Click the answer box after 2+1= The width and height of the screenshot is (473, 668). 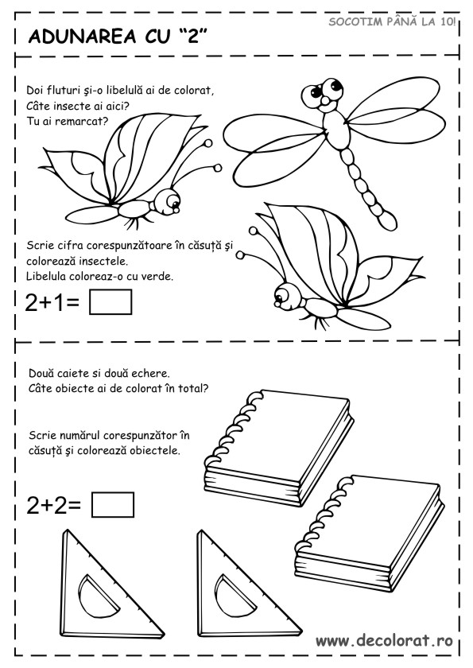point(110,302)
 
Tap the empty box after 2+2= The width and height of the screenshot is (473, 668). point(113,505)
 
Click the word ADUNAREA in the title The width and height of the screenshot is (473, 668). point(82,37)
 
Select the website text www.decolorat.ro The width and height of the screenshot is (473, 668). point(384,640)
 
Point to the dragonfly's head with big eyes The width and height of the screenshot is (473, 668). point(323,93)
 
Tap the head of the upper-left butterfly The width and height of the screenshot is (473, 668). point(168,201)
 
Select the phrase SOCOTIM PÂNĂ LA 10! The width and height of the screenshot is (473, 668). point(392,21)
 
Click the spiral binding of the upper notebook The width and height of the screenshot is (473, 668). point(232,426)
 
